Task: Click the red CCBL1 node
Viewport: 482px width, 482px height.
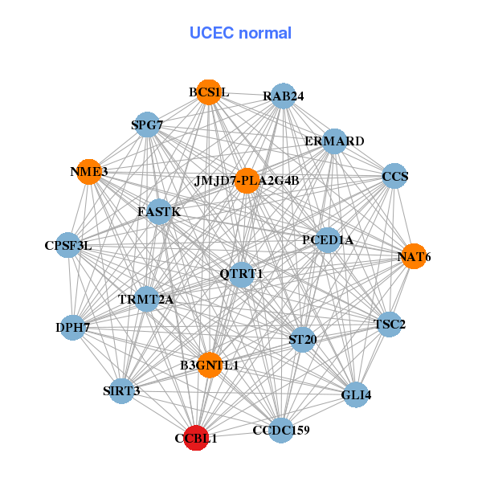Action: pos(196,438)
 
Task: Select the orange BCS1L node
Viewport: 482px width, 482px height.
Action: pos(209,92)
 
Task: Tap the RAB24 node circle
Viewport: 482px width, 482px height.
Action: pos(284,96)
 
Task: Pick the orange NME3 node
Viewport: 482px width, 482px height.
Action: pos(88,172)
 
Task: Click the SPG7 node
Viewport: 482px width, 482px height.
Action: pos(147,125)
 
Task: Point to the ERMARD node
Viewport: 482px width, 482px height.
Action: pos(334,141)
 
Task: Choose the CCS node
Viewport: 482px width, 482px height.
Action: pos(394,176)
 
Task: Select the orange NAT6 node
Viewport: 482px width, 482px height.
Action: pos(414,256)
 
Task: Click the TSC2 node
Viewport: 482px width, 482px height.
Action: pos(390,325)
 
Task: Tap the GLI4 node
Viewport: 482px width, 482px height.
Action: pos(357,394)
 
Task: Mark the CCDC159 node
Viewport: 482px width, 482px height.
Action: pos(281,431)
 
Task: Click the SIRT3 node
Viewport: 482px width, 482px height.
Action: pos(121,391)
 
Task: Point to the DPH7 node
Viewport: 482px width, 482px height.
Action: pos(72,327)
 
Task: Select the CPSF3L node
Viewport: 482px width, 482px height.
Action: pos(68,245)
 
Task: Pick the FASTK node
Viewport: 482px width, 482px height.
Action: pos(159,211)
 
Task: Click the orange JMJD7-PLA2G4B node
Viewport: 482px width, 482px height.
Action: pos(247,180)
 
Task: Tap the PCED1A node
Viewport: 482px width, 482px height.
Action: pos(327,239)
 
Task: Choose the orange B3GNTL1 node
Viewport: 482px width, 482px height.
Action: pos(210,365)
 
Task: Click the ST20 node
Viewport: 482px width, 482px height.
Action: pos(302,340)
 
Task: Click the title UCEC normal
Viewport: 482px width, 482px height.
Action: pos(240,33)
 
